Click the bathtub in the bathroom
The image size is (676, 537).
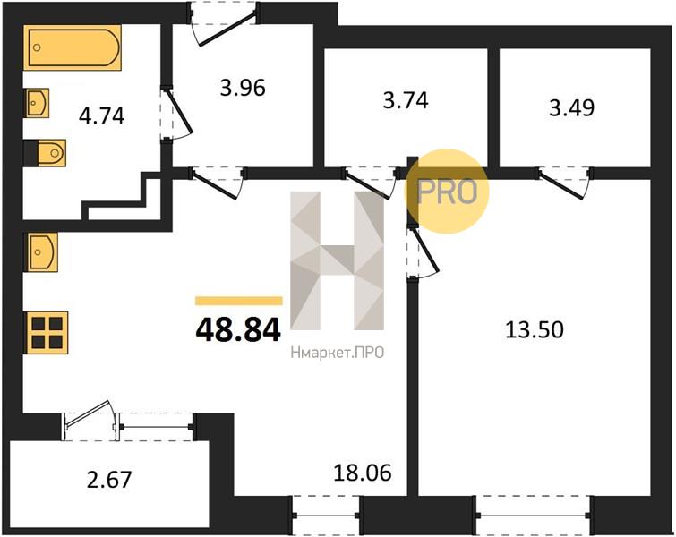click(72, 47)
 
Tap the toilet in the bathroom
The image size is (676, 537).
click(45, 152)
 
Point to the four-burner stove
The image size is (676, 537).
click(46, 333)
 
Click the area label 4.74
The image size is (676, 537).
click(102, 116)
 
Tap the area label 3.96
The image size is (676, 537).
click(243, 88)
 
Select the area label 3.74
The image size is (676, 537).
click(406, 100)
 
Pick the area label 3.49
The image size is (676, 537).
click(572, 107)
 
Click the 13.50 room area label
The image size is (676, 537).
click(535, 330)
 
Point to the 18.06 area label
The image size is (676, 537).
click(363, 473)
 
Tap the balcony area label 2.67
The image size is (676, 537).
click(109, 480)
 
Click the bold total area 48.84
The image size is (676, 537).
click(238, 330)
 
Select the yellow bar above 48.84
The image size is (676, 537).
click(239, 301)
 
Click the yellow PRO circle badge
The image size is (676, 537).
click(447, 192)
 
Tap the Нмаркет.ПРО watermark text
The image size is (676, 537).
click(338, 354)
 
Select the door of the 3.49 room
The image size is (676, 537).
click(564, 182)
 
